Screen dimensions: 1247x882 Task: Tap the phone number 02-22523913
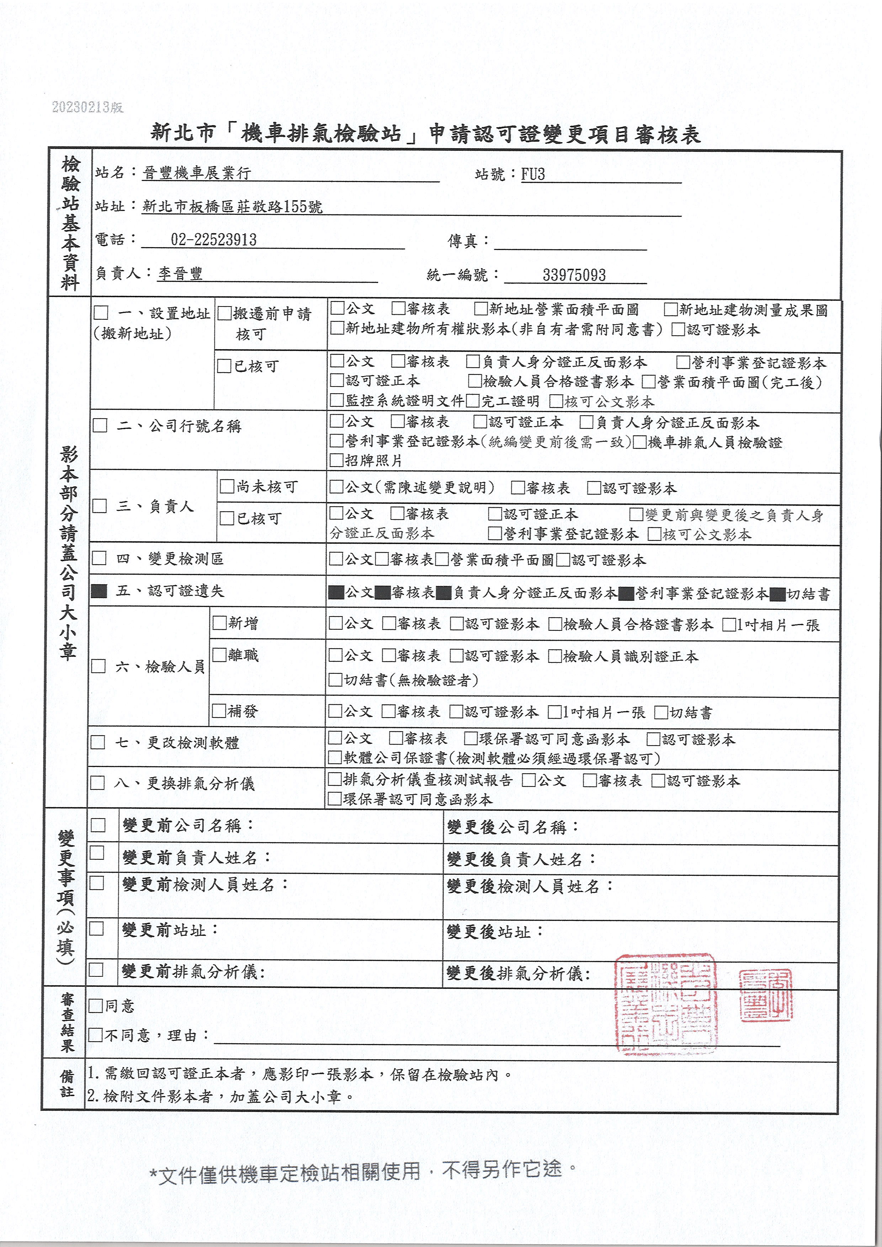pos(213,240)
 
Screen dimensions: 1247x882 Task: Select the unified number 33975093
pos(574,275)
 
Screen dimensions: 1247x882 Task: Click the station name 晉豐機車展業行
pos(197,173)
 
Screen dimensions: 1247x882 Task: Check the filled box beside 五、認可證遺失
pos(99,591)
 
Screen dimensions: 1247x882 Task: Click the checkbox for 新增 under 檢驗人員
pos(219,622)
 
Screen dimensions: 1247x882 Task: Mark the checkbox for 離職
pos(219,655)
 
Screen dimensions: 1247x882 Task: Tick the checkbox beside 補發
pos(219,711)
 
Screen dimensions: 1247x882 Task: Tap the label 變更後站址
pos(495,932)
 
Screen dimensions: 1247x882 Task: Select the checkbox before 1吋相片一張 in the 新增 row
pos(728,625)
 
